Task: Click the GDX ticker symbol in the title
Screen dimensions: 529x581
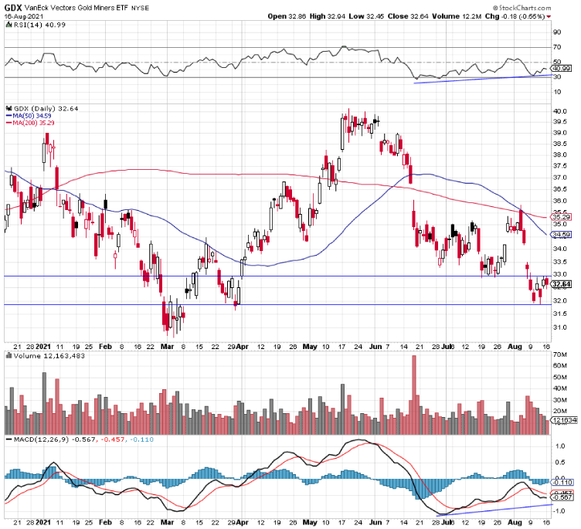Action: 12,6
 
